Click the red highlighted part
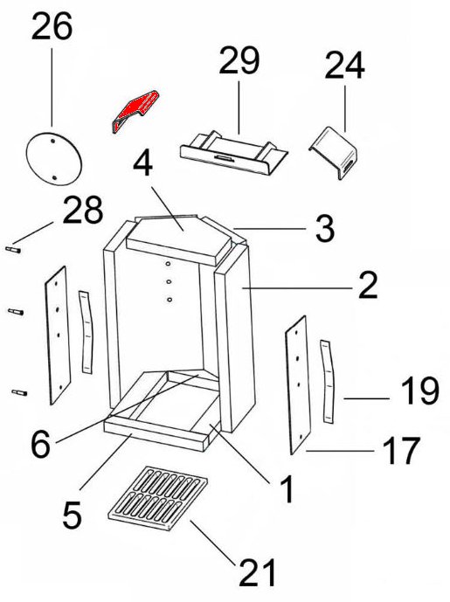135,108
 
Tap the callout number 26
52,26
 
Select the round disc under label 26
53,158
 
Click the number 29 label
239,60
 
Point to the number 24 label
344,66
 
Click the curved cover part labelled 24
334,152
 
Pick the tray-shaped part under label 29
233,153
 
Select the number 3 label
325,228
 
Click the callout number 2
368,285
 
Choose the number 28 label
82,210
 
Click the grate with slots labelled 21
157,498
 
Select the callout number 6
40,444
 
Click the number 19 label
419,391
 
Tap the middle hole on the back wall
169,282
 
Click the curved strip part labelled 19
328,382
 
